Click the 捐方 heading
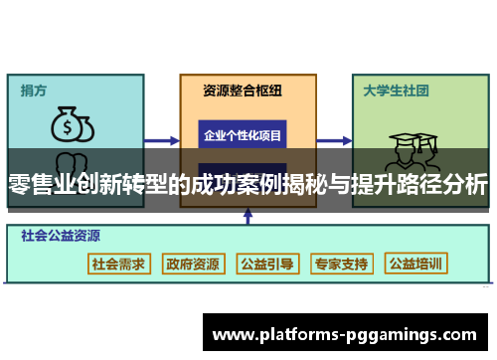point(33,90)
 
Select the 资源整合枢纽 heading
point(243,90)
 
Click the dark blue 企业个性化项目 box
point(243,134)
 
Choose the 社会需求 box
point(118,265)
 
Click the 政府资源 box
point(193,265)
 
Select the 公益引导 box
point(267,265)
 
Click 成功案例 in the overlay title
point(245,184)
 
